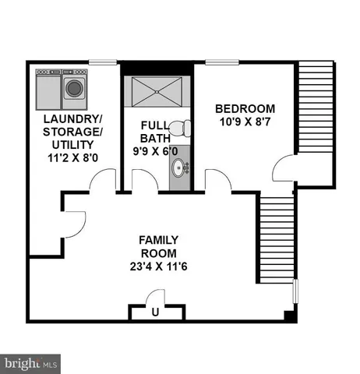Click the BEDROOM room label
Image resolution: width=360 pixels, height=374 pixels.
tap(245, 108)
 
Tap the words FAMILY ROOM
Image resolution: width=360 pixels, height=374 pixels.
tap(158, 246)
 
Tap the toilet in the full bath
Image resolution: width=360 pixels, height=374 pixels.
tap(180, 129)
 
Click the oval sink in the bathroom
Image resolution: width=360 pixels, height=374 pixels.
tap(180, 168)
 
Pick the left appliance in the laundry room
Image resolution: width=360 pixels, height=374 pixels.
tap(48, 87)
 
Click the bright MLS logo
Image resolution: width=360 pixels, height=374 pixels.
tap(31, 363)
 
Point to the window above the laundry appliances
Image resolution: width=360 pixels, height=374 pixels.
tap(98, 62)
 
